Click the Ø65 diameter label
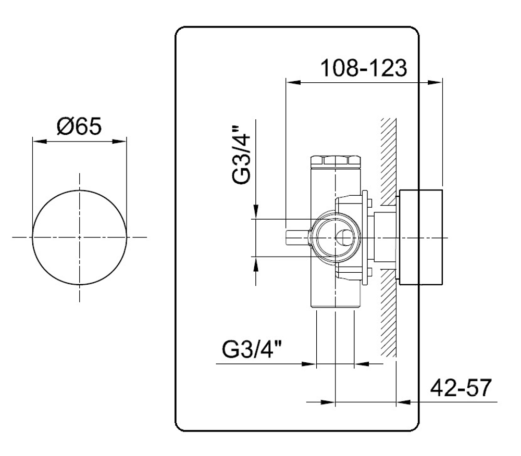[79, 126]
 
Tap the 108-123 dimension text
[364, 68]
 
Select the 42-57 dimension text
[461, 388]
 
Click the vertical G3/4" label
[241, 154]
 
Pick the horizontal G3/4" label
[252, 349]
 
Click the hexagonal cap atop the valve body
[335, 160]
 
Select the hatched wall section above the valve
[389, 161]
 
